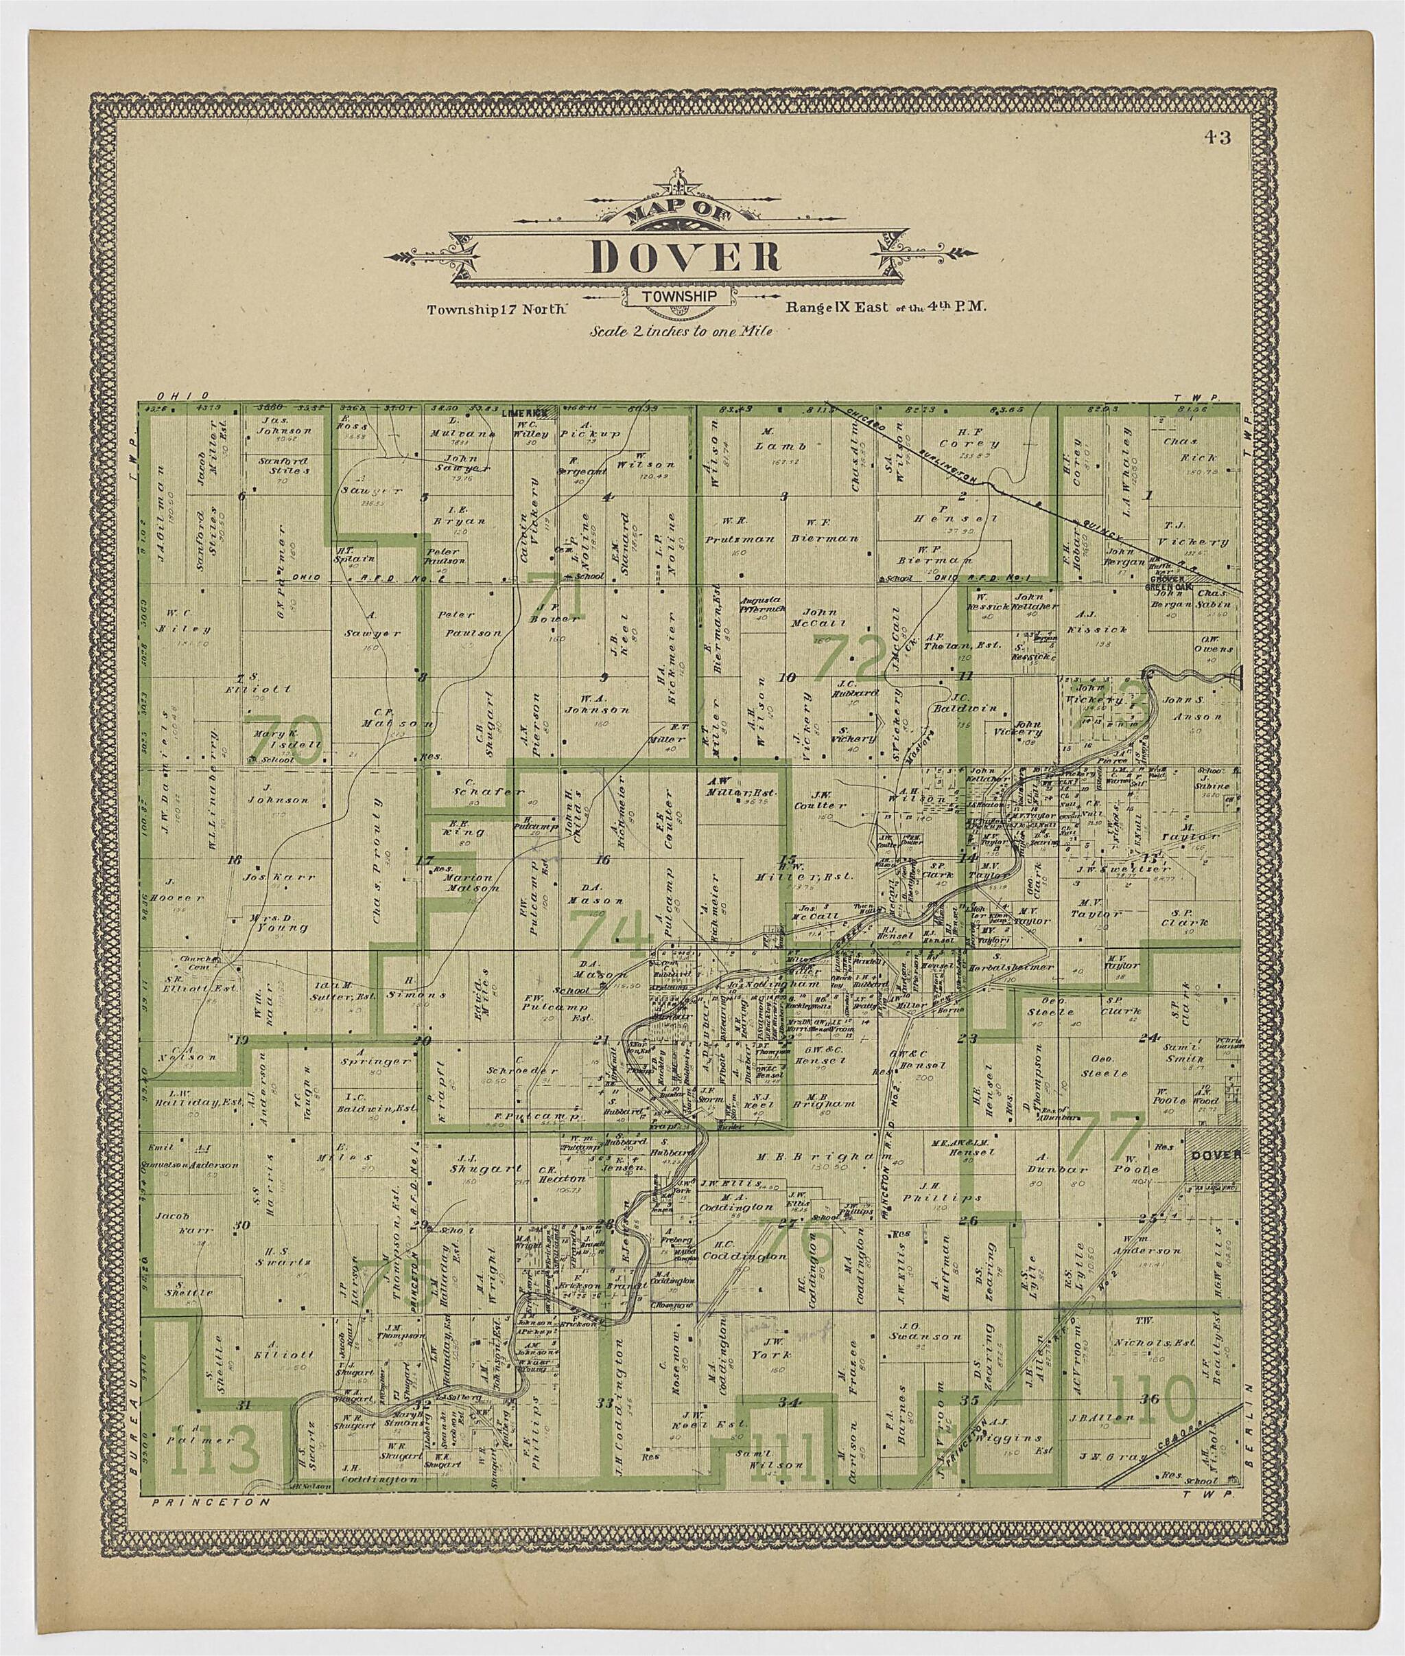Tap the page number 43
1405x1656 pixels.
point(1217,138)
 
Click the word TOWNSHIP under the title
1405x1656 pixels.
point(678,297)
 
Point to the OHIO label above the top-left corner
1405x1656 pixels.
point(183,395)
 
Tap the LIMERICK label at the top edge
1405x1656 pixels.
point(523,413)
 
